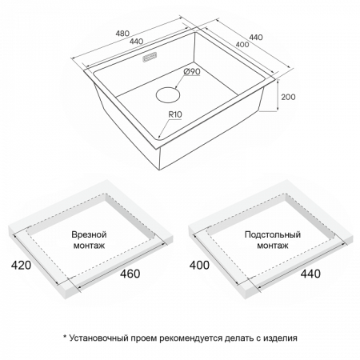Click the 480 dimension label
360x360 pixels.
coord(122,34)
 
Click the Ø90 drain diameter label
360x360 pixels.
coord(192,71)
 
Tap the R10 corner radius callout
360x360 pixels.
coord(175,114)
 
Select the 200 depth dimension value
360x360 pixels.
coord(288,97)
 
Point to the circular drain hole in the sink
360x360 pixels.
coord(168,94)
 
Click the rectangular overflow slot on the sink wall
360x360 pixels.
coord(150,58)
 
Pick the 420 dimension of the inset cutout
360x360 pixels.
coord(21,265)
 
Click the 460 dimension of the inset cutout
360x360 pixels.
coord(130,274)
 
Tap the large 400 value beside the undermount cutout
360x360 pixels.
coord(199,265)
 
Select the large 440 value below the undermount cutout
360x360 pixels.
coord(310,274)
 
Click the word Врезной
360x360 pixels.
coord(89,234)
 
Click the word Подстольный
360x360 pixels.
coord(273,234)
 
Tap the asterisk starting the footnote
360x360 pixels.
coord(65,337)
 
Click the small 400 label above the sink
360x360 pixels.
coord(242,44)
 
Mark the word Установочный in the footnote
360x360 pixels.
coord(99,338)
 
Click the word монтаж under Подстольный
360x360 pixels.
coord(273,246)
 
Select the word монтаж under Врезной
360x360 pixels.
coord(89,246)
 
